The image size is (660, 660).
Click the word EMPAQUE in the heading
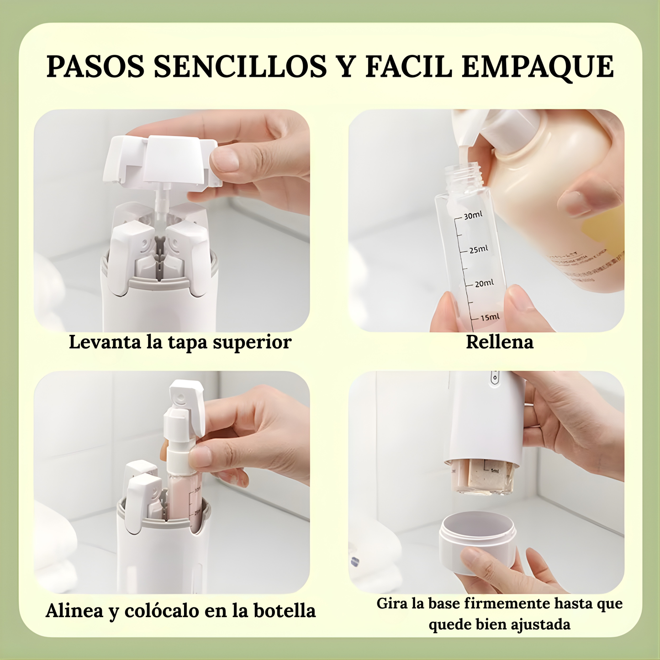[x=538, y=67]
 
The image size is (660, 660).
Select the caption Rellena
[x=499, y=342]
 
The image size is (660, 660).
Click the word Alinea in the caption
[x=74, y=611]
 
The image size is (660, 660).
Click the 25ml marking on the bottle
[x=478, y=249]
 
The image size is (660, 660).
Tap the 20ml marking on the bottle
[x=484, y=283]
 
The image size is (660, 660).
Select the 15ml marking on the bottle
[x=489, y=317]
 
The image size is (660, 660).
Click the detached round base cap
[x=477, y=539]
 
